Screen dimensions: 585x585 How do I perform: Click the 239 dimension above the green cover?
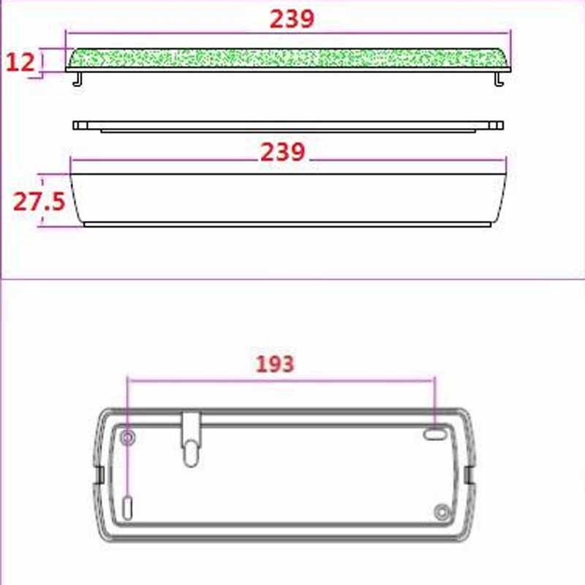292,19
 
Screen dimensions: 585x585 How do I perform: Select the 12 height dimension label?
20,62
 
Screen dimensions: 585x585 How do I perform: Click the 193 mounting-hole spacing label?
275,363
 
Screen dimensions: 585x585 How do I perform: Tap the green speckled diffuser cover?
288,58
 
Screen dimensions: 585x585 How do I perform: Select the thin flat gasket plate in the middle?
288,126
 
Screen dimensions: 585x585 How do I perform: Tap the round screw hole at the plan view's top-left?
129,438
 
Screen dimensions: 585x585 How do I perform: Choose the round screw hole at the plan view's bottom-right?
441,511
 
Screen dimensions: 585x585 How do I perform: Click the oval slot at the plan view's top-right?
433,434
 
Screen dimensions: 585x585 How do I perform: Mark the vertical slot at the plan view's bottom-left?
129,506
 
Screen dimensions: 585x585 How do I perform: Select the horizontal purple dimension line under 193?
282,378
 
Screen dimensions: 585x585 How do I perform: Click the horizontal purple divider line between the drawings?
292,279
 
